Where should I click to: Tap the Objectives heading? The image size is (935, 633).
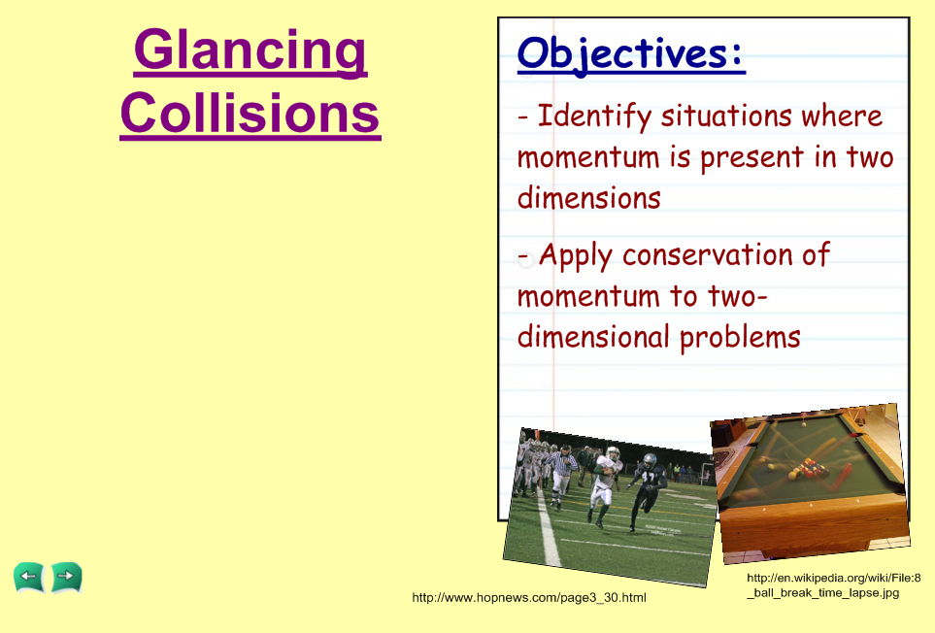[x=631, y=54]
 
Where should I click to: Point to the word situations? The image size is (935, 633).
[x=725, y=116]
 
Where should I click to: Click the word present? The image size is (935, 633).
[x=752, y=158]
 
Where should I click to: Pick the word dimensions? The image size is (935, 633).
[x=589, y=197]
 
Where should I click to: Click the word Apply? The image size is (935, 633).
[x=576, y=256]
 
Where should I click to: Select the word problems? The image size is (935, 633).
[x=740, y=337]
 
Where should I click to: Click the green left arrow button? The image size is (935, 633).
[x=28, y=577]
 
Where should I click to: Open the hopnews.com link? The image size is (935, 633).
[x=529, y=597]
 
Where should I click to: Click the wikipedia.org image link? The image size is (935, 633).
[x=834, y=584]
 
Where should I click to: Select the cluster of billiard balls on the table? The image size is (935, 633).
[x=808, y=469]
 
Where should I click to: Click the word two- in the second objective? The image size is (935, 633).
[x=738, y=296]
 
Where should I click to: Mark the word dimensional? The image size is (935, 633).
[x=593, y=337]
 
